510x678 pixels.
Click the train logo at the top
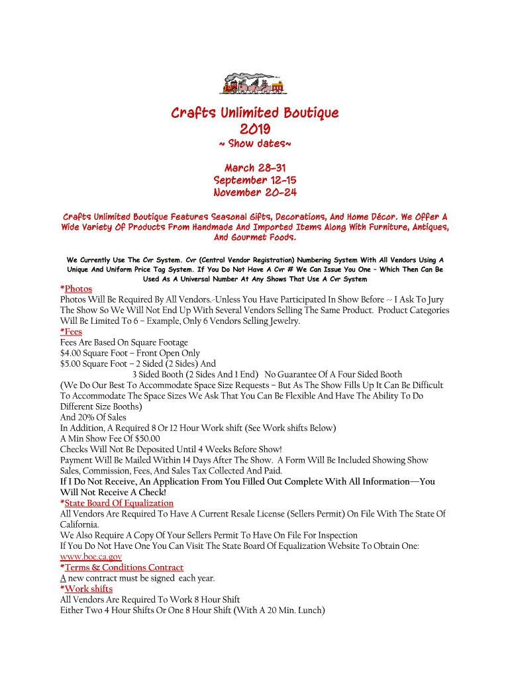(254, 83)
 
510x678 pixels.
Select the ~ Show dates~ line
(255, 144)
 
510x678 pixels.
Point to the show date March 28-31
(255, 168)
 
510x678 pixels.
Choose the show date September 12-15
(255, 180)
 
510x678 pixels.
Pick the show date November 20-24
(255, 193)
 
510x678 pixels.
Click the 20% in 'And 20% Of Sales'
(86, 417)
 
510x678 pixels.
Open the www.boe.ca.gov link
(91, 557)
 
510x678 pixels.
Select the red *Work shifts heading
(86, 589)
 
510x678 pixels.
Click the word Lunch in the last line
(307, 610)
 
